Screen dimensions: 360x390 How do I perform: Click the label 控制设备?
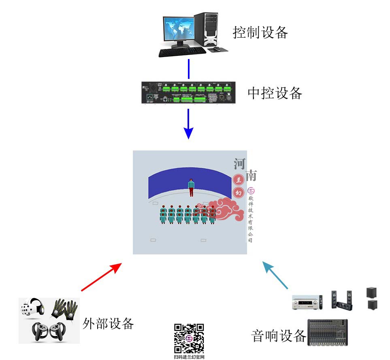[260, 32]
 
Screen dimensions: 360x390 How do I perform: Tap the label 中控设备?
[275, 93]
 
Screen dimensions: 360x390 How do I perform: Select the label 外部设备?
[108, 323]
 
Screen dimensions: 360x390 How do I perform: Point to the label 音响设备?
[279, 335]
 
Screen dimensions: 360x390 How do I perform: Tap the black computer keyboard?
[182, 52]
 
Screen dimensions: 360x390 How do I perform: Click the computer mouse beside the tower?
[217, 49]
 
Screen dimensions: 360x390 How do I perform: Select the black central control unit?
[188, 93]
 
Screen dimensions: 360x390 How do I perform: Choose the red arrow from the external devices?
[101, 277]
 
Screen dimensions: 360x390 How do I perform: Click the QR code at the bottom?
[189, 339]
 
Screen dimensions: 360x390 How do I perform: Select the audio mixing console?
[328, 332]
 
